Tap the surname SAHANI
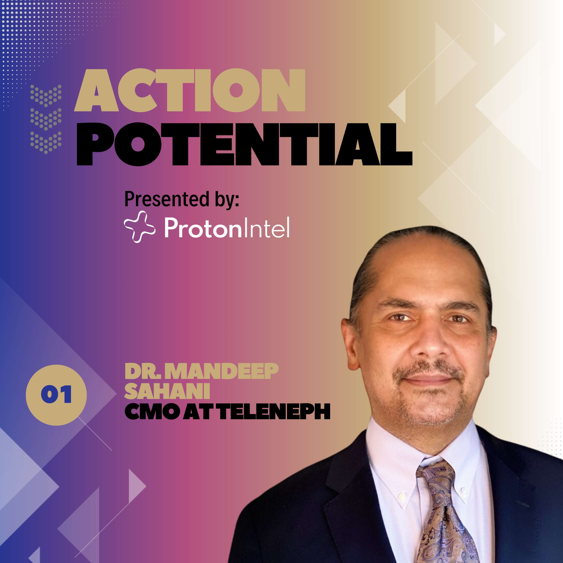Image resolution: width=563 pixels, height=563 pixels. tap(167, 391)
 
